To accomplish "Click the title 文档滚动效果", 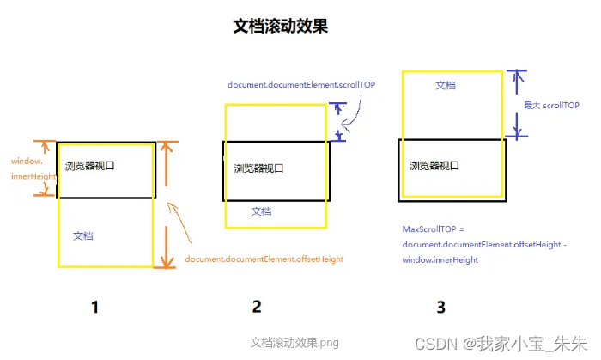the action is [x=280, y=26].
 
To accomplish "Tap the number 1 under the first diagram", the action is [x=95, y=306].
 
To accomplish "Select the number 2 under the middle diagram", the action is [x=256, y=306].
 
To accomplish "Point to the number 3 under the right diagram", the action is [x=440, y=306].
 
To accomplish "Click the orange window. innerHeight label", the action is [x=29, y=168].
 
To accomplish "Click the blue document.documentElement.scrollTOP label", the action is [x=301, y=85].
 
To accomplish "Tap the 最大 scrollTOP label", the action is [x=549, y=105].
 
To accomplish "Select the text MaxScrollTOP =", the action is [x=432, y=229].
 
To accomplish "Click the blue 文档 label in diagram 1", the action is [x=83, y=235].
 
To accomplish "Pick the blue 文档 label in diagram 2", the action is [x=261, y=211].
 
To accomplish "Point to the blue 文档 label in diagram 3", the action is [x=445, y=85].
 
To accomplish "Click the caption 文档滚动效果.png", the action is [x=294, y=343].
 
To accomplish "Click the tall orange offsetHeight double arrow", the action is [x=167, y=204].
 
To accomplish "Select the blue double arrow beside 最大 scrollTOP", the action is [x=515, y=103].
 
